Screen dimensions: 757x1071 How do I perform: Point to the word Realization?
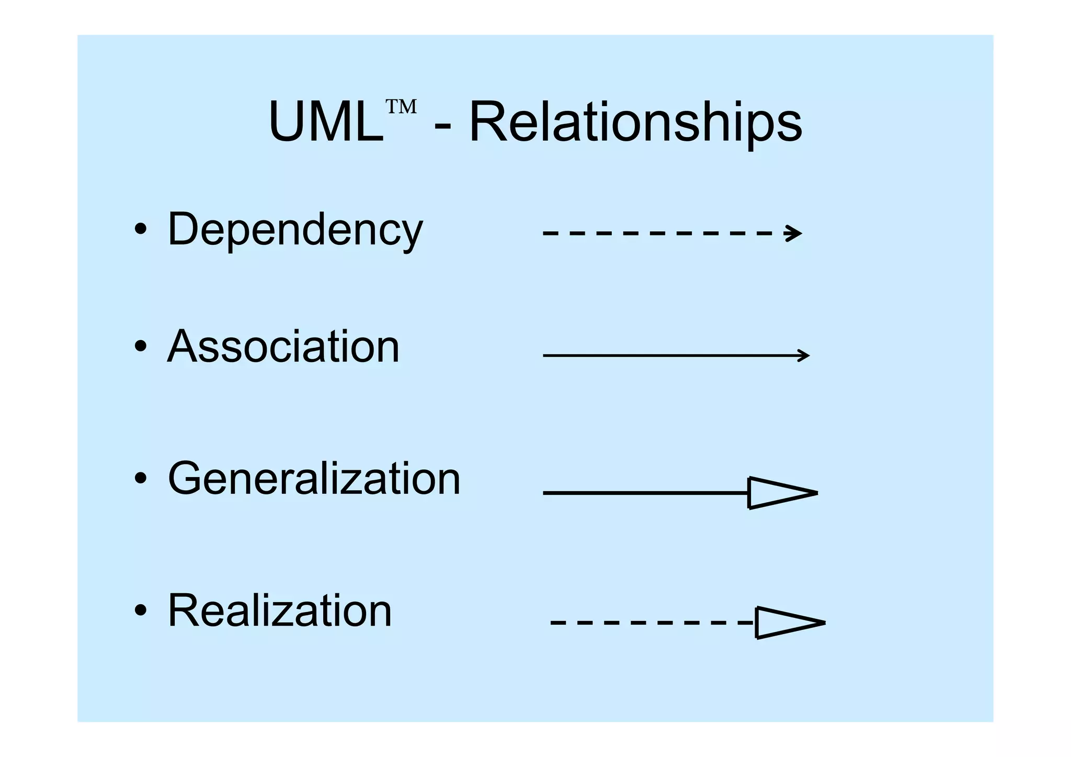(279, 611)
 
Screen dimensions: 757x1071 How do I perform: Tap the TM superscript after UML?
(401, 107)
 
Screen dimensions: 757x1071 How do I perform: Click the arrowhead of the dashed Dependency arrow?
(794, 233)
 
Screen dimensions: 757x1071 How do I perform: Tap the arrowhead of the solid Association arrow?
(804, 356)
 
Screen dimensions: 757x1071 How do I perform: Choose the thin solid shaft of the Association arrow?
(669, 356)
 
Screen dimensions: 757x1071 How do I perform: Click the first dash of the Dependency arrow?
(549, 233)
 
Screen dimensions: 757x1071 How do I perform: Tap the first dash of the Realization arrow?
(557, 623)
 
